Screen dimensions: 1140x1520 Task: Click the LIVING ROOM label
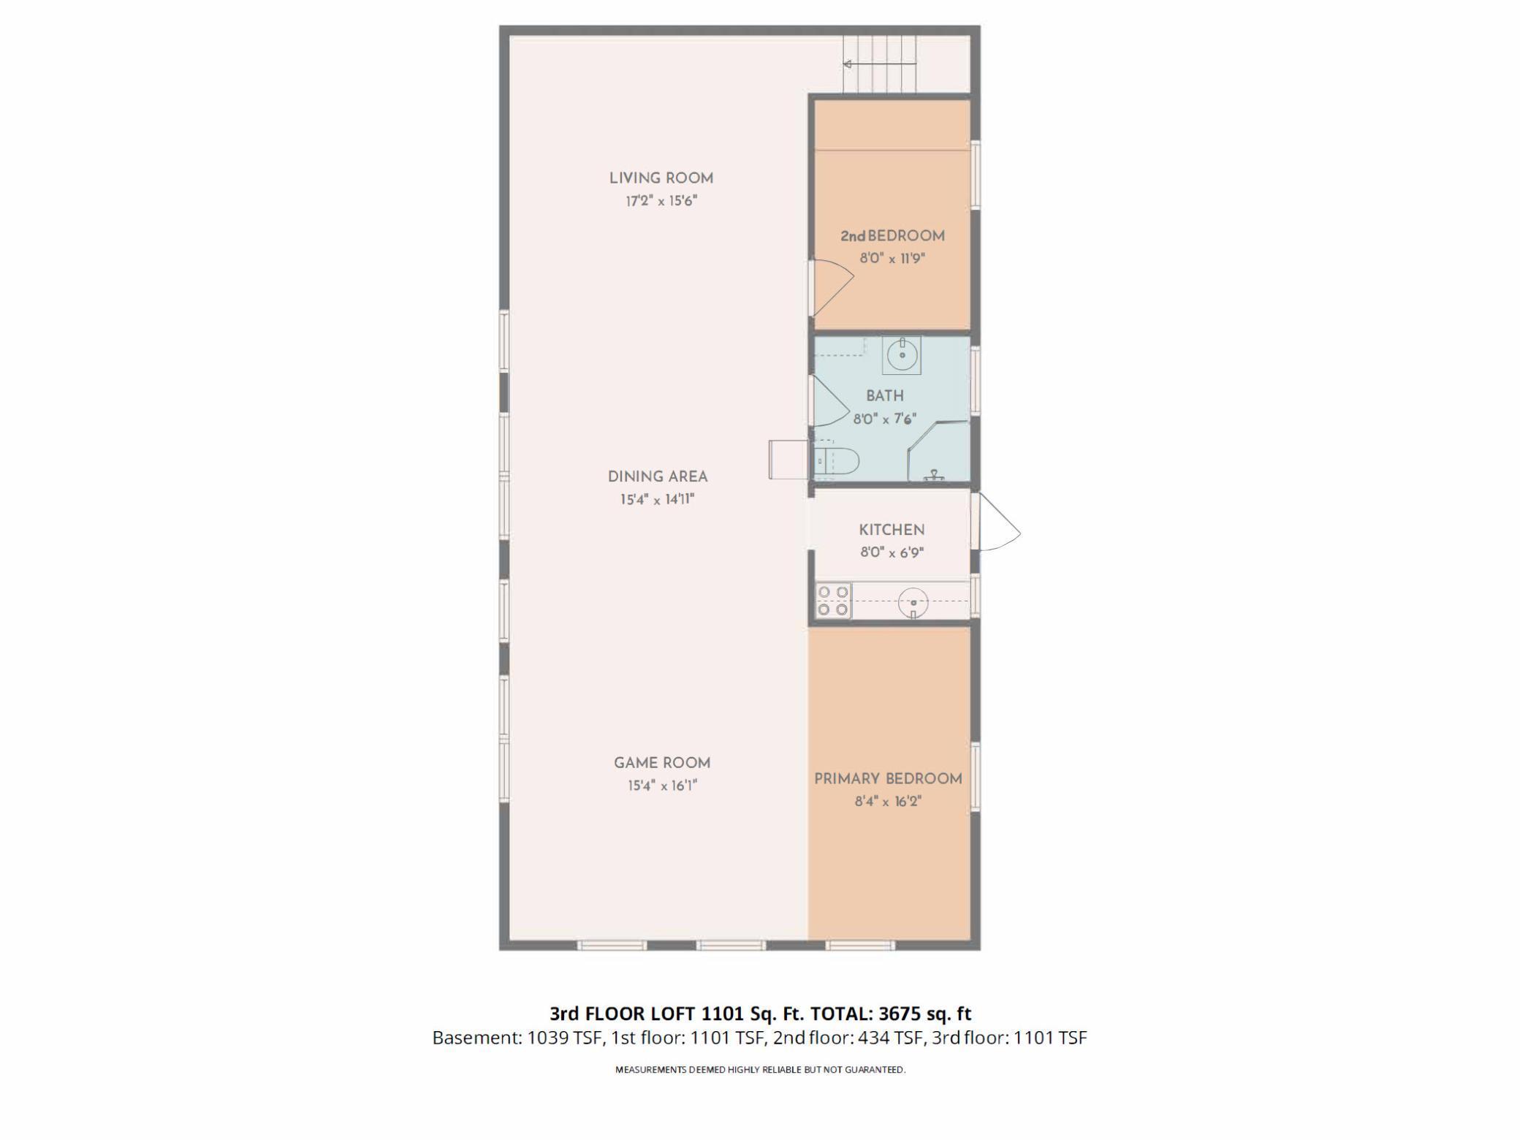661,178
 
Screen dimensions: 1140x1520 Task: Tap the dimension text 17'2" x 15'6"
661,201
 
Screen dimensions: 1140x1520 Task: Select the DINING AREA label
658,476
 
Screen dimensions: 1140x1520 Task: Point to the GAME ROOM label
662,763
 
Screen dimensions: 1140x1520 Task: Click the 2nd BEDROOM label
892,236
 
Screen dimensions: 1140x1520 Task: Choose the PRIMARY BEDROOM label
888,779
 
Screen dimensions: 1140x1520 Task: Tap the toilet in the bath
837,461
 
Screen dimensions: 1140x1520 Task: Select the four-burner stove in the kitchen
834,600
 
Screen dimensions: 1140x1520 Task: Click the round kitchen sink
913,603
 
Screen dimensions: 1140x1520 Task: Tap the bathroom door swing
828,404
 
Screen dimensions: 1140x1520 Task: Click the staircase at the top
880,64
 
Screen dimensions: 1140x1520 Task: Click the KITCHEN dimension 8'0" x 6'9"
892,553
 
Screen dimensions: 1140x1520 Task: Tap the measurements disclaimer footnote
760,1070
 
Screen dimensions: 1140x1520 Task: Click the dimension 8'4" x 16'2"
888,802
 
